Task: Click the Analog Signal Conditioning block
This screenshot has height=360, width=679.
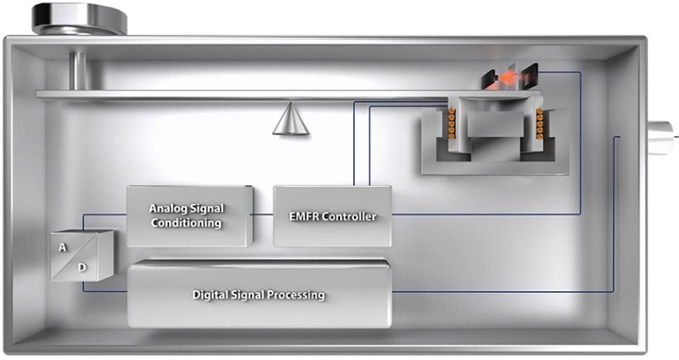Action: pyautogui.click(x=189, y=216)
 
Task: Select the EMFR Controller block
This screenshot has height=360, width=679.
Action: pyautogui.click(x=333, y=216)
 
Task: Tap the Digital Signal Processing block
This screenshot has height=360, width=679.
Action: pyautogui.click(x=260, y=293)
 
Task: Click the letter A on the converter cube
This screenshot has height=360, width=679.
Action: pyautogui.click(x=63, y=247)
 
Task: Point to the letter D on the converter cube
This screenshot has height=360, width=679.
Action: pyautogui.click(x=81, y=267)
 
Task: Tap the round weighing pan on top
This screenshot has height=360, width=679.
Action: pyautogui.click(x=79, y=19)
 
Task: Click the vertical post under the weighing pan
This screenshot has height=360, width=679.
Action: pyautogui.click(x=77, y=71)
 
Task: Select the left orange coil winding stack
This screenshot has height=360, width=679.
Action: pyautogui.click(x=452, y=124)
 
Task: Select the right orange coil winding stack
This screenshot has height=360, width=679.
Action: pyautogui.click(x=540, y=124)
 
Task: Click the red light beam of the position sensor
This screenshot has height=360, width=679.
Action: pyautogui.click(x=510, y=79)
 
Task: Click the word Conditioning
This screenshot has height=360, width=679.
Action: pyautogui.click(x=186, y=222)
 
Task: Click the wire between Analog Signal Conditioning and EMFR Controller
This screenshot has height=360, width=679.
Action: pyautogui.click(x=263, y=214)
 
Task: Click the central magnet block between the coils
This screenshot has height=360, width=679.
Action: pyautogui.click(x=495, y=124)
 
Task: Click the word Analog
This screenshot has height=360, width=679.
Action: pyautogui.click(x=167, y=208)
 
